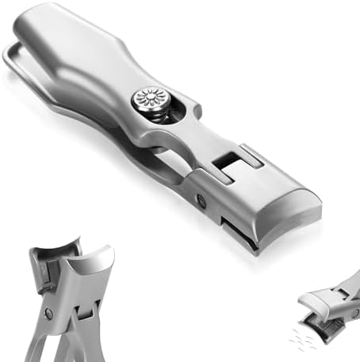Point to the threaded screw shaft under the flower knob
pos(159,120)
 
